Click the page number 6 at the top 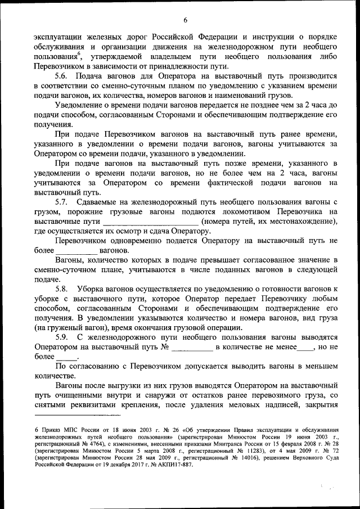pyautogui.click(x=184, y=7)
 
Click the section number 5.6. pyautogui.click(x=61, y=76)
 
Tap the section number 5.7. pyautogui.click(x=61, y=202)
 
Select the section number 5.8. pyautogui.click(x=61, y=288)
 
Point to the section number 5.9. pyautogui.click(x=61, y=337)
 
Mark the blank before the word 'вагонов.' pyautogui.click(x=78, y=250)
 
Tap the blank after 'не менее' pyautogui.click(x=306, y=347)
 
